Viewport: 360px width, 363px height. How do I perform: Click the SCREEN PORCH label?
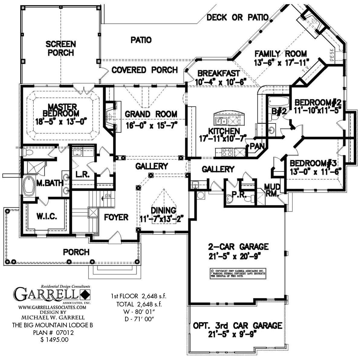click(60, 48)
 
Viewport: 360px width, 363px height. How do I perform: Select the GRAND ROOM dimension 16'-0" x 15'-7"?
click(151, 125)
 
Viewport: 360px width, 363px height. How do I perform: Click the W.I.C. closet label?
click(47, 217)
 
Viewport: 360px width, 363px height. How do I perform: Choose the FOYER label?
click(116, 217)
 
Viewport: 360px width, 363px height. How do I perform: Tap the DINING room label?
click(164, 210)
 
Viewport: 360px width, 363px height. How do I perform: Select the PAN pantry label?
click(257, 146)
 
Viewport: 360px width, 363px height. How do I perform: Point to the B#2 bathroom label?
click(279, 111)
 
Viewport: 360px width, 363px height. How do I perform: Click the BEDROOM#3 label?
click(313, 163)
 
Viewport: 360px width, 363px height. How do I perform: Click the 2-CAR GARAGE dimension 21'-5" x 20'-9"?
click(235, 257)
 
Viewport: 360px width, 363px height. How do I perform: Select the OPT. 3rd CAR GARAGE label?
click(238, 325)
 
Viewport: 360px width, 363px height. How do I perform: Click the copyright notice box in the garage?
click(238, 273)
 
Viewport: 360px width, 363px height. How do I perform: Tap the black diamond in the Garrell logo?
click(85, 294)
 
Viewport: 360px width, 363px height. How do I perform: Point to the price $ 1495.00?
click(54, 340)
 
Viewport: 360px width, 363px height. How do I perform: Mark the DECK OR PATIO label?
click(237, 18)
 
